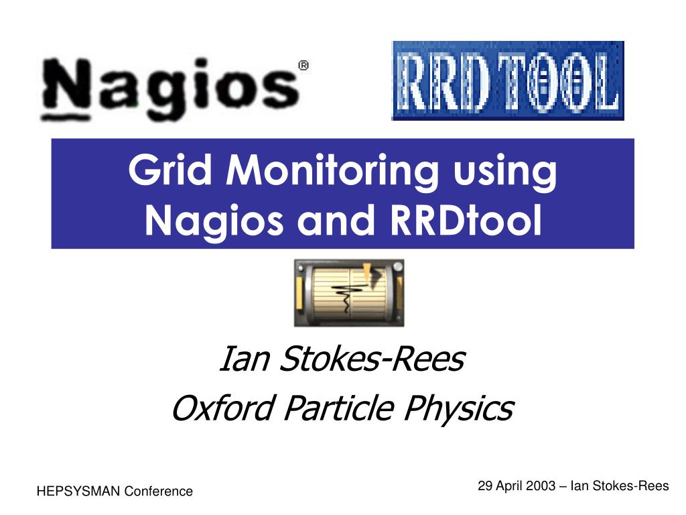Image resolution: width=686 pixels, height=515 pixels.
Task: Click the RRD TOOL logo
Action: (508, 80)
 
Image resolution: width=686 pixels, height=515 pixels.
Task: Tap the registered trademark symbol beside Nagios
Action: (303, 66)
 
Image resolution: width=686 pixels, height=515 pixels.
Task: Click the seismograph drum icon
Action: (348, 292)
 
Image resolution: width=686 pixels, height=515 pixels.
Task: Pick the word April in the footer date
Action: (508, 486)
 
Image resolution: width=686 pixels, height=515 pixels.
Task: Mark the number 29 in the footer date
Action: (484, 486)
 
